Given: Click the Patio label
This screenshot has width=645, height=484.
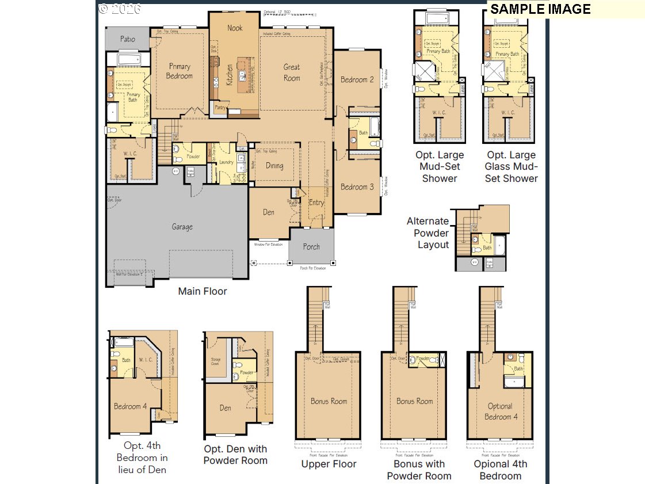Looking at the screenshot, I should point(128,39).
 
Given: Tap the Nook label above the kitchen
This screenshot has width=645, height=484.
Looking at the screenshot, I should point(235,28).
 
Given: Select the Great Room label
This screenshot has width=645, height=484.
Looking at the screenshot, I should point(292,73).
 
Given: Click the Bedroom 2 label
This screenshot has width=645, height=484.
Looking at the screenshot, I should point(357,79).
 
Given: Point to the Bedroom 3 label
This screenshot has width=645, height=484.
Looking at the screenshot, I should point(357,186).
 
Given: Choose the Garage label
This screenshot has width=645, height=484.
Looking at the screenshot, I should point(182,227).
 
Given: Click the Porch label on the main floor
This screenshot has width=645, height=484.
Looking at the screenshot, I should point(311,246).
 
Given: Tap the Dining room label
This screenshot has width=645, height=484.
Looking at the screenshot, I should point(274,166).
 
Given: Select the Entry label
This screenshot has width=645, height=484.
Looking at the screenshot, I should point(316,203).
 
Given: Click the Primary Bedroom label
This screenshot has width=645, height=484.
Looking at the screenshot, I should point(179,71).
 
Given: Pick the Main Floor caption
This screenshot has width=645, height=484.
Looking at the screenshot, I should point(203,291).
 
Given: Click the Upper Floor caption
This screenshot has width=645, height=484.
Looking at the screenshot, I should point(329,464).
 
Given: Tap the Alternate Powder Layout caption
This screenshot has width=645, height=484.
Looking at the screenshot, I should point(428,233).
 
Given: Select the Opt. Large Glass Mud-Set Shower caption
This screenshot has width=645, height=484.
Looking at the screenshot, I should point(512,166).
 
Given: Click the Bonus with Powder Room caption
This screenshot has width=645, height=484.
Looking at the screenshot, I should point(419,470).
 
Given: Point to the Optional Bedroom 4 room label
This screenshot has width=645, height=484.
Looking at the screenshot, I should point(500,411).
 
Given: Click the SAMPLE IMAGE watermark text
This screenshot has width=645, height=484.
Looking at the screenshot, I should point(540,9).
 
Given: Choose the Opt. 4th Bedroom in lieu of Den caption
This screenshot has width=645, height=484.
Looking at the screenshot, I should point(142,458).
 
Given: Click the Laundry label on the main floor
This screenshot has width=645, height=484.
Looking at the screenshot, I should point(226,162).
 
